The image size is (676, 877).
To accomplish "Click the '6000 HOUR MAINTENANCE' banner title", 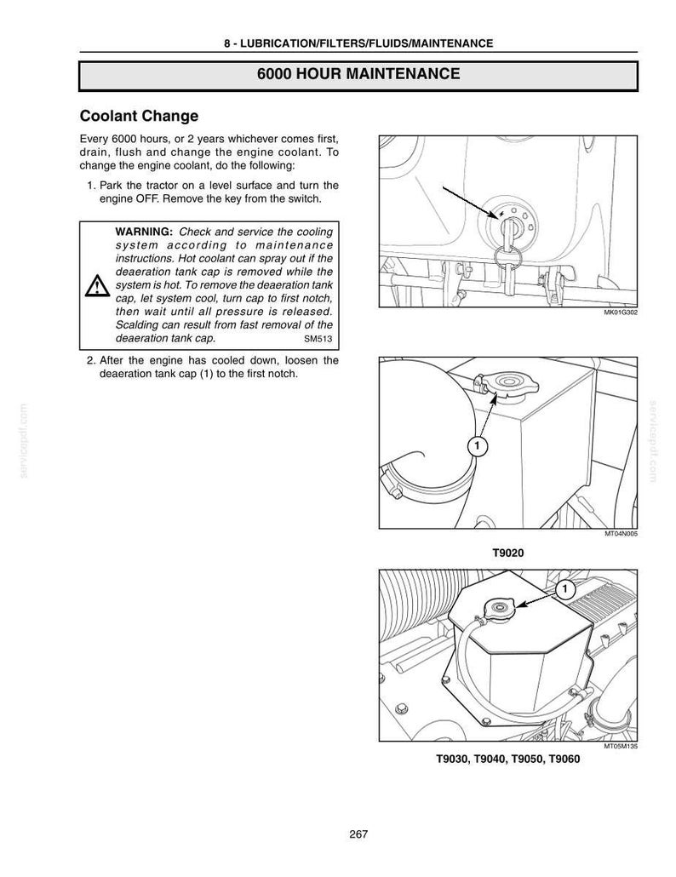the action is pyautogui.click(x=358, y=74).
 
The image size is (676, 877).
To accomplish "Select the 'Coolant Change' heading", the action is pyautogui.click(x=140, y=116).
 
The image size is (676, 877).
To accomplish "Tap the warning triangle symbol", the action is pyautogui.click(x=97, y=285).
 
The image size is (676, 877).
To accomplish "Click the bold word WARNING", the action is pyautogui.click(x=144, y=232).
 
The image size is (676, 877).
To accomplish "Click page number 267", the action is pyautogui.click(x=358, y=834).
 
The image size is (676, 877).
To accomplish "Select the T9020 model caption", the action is pyautogui.click(x=507, y=553).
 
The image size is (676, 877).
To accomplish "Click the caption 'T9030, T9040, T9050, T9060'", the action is pyautogui.click(x=507, y=759).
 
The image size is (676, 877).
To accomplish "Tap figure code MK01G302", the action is pyautogui.click(x=621, y=312).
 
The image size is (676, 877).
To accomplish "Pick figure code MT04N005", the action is pyautogui.click(x=622, y=534).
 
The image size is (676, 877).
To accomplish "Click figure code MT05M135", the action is pyautogui.click(x=622, y=746).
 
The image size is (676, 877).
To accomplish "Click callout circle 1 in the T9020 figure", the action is pyautogui.click(x=477, y=446).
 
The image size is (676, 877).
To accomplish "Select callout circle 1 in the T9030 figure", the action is pyautogui.click(x=564, y=589).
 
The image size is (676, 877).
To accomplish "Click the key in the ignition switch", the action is pyautogui.click(x=509, y=235).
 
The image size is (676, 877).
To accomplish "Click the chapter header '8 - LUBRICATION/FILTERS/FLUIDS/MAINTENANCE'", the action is pyautogui.click(x=358, y=43).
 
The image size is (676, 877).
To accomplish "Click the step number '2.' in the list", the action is pyautogui.click(x=91, y=361).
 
